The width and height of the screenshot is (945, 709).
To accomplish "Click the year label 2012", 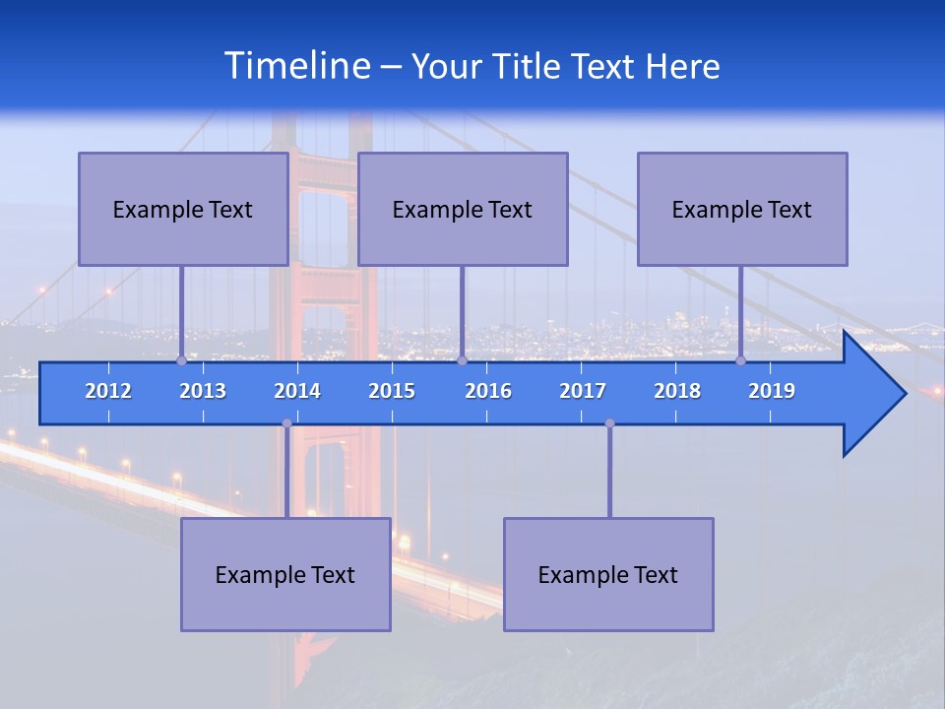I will click(108, 391).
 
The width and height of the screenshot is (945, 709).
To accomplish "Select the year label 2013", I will click(203, 391).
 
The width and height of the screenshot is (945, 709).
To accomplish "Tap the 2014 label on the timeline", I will click(297, 391).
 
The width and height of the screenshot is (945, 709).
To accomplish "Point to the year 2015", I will click(392, 391).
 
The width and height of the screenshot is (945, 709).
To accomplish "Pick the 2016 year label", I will click(488, 391).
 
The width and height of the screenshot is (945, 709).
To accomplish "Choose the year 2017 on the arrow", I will click(583, 391).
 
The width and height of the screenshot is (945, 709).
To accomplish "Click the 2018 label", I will click(677, 391).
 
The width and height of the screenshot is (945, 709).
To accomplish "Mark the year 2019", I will click(772, 391).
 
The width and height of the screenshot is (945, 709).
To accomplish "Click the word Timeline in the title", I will click(296, 66).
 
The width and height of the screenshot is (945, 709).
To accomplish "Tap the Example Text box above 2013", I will click(183, 209).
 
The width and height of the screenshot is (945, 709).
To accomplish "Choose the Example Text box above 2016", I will click(463, 209).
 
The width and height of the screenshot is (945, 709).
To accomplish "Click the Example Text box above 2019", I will click(742, 209).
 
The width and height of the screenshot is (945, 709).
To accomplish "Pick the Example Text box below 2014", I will click(285, 574).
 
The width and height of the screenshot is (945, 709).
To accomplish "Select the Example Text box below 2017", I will click(608, 574).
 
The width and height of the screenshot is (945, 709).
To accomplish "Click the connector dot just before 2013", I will click(181, 361).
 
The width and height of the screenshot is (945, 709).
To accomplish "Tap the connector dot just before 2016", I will click(462, 361).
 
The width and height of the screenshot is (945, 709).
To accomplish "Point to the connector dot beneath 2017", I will click(609, 423).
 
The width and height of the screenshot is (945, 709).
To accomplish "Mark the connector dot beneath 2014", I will click(286, 423).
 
